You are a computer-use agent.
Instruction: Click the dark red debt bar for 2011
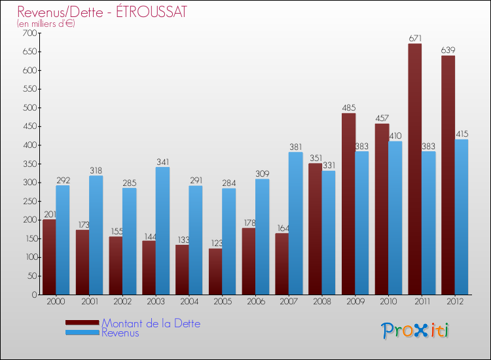tap(415, 170)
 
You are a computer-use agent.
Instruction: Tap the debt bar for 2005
tap(215, 271)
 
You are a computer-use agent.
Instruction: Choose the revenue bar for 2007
tap(295, 223)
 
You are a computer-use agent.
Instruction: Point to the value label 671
tap(415, 39)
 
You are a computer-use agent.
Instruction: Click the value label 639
tap(448, 50)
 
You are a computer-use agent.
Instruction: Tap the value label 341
tap(163, 162)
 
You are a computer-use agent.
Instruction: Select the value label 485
tap(348, 107)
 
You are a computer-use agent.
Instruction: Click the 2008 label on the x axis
tap(322, 301)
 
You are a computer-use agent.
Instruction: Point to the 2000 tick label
tap(56, 301)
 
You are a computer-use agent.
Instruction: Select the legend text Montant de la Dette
tap(151, 323)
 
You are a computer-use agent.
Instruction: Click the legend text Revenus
tap(120, 333)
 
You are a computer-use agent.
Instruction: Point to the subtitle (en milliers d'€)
tap(46, 24)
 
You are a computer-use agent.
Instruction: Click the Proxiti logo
tap(416, 331)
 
